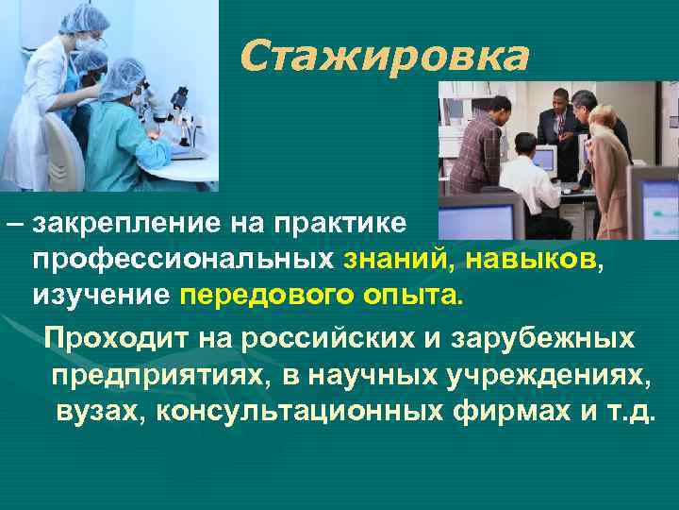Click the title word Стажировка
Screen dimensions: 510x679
(384, 57)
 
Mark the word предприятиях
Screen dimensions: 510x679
(161, 375)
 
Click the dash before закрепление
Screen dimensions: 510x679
(14, 224)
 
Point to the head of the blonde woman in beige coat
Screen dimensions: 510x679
(602, 115)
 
